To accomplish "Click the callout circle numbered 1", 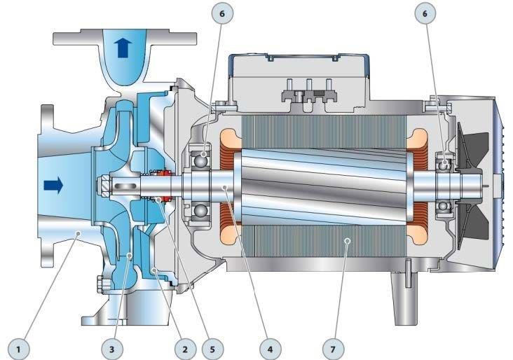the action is click(18, 349).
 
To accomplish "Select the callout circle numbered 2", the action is click(185, 349).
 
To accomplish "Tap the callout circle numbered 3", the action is click(112, 349).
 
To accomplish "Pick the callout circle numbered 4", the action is click(270, 349).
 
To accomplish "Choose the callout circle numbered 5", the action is click(212, 349).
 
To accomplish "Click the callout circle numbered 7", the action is click(333, 349).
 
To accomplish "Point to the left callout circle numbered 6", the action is click(222, 13).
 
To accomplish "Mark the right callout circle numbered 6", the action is click(425, 13).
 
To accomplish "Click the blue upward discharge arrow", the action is click(123, 48).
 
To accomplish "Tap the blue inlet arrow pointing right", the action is click(53, 186).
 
